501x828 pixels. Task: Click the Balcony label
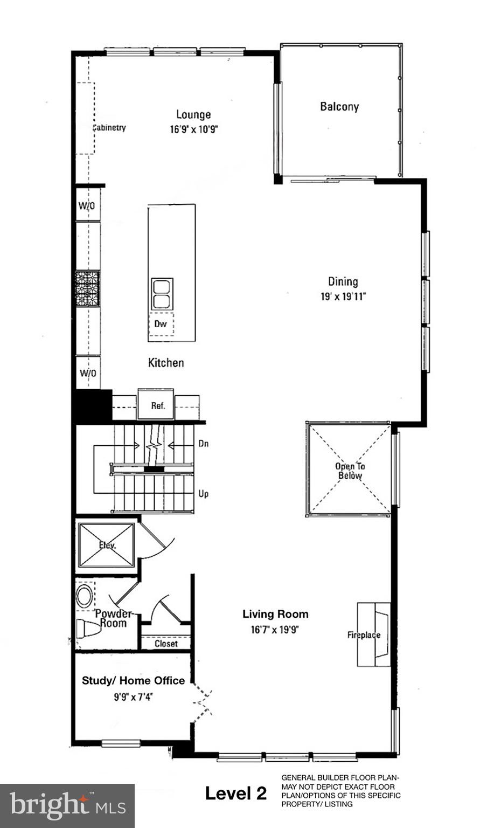[339, 107]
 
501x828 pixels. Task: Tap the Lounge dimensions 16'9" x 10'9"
[194, 129]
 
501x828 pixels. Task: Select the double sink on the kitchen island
[161, 294]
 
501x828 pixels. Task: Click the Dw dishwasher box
[161, 324]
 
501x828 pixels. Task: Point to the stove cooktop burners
[87, 289]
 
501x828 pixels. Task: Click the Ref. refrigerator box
[157, 405]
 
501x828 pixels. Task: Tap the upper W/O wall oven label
[87, 206]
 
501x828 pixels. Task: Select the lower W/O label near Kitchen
[88, 373]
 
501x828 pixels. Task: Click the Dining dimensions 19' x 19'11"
[343, 297]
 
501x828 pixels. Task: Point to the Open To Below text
[350, 471]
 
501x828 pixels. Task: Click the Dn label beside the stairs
[204, 444]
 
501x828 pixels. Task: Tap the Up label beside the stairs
[204, 494]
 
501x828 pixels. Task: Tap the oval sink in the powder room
[85, 597]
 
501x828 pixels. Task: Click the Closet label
[166, 644]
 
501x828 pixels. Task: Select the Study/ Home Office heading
[133, 681]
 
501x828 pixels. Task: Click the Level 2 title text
[235, 793]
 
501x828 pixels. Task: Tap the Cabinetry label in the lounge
[109, 128]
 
